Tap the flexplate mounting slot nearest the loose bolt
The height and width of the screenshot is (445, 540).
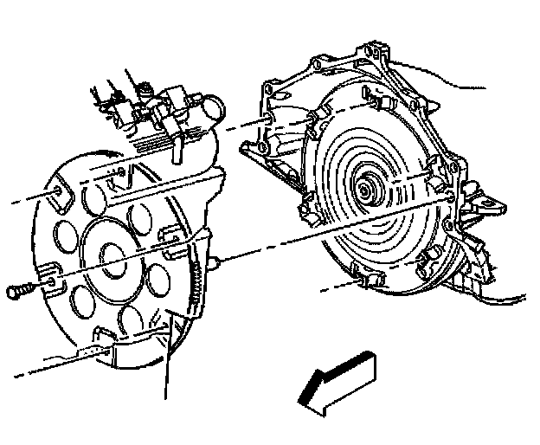pyautogui.click(x=49, y=275)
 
